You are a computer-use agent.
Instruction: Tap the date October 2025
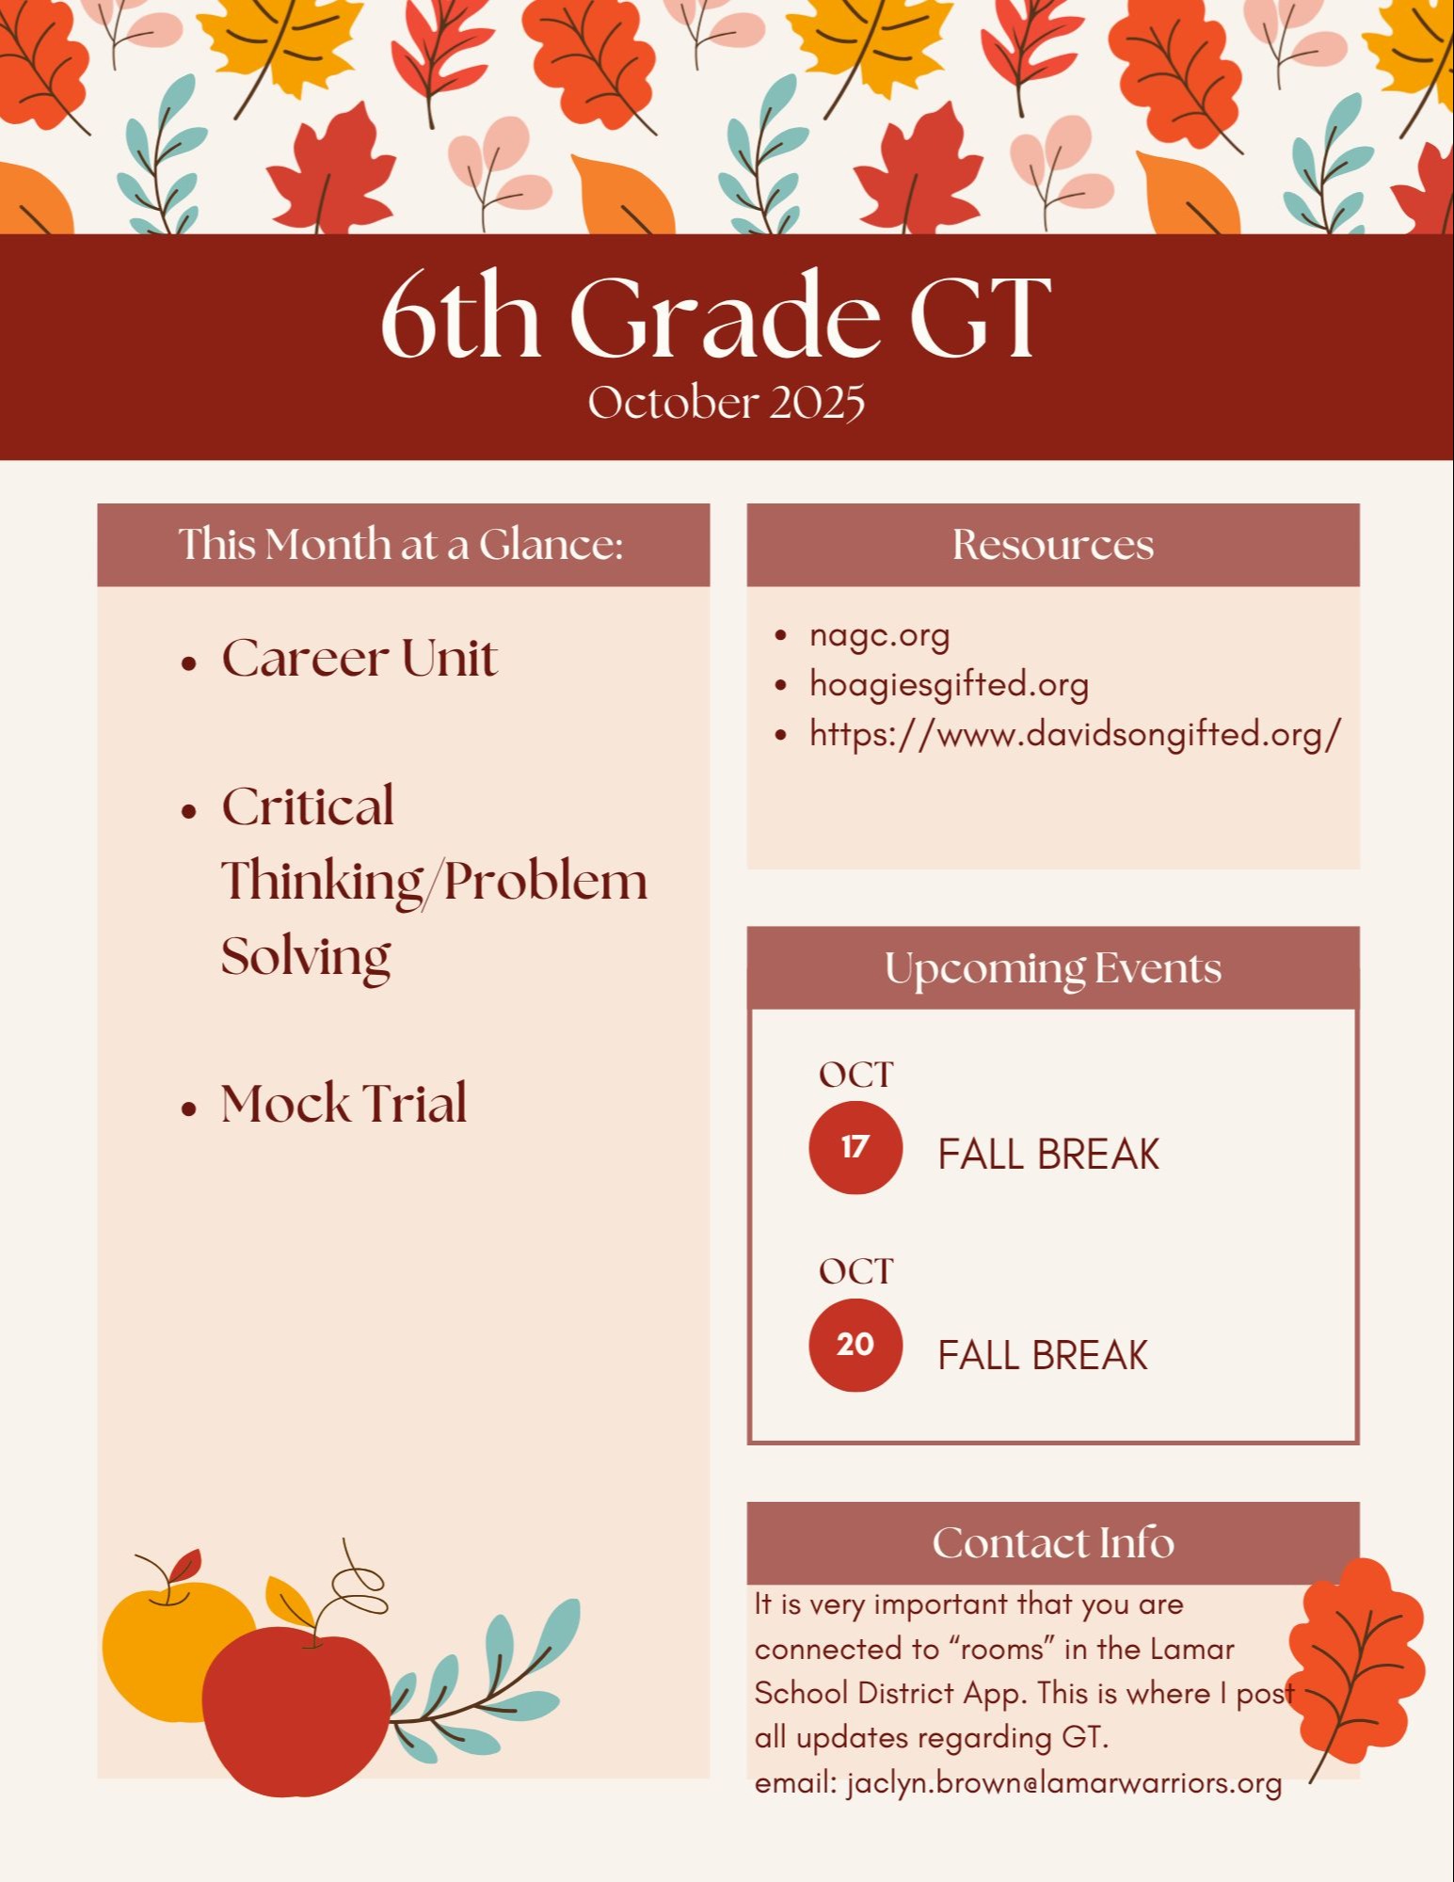point(727,403)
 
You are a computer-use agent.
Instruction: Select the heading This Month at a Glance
point(402,544)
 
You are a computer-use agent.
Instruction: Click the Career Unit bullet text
point(360,658)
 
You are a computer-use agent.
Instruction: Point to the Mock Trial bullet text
point(344,1103)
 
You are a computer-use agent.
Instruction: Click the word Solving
point(306,958)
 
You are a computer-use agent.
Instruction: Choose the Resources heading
point(1053,545)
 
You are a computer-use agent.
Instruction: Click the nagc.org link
point(880,636)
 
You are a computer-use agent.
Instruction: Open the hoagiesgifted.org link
point(949,685)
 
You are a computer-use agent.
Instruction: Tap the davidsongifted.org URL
point(1075,734)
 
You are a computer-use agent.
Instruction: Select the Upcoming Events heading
point(1053,969)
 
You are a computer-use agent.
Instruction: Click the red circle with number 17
point(855,1148)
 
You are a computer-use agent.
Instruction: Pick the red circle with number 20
point(855,1345)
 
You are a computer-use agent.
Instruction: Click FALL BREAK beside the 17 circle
point(1048,1155)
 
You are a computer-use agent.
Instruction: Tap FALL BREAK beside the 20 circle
point(1043,1356)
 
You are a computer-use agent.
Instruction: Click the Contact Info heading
point(1053,1543)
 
